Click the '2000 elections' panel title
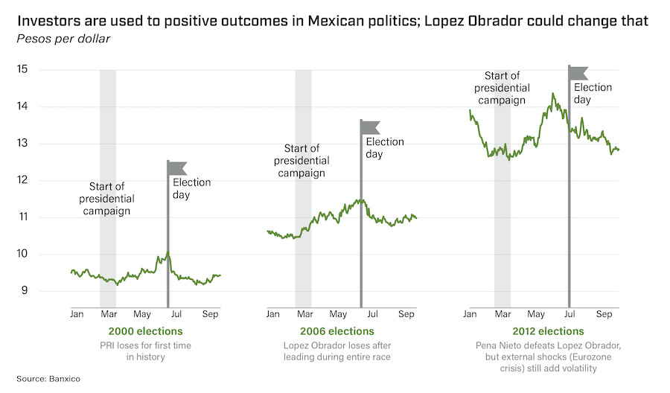(x=146, y=331)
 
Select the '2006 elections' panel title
(x=337, y=331)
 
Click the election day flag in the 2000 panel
(x=178, y=167)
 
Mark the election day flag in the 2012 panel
(x=579, y=72)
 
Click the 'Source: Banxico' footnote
(x=48, y=379)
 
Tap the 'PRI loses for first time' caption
(x=146, y=345)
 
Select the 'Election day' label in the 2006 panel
(x=385, y=148)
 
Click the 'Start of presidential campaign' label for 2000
(x=107, y=199)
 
